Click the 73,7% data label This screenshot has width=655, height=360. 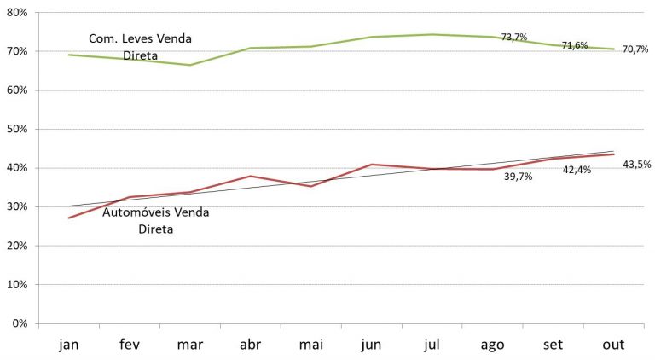[x=514, y=38]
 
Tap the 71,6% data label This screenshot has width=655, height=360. [x=575, y=45]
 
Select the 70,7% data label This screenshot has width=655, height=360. [x=635, y=49]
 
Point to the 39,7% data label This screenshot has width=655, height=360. [x=518, y=177]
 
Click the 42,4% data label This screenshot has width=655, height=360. [x=577, y=170]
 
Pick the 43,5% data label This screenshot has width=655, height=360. [x=635, y=164]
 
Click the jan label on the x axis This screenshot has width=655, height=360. [x=68, y=344]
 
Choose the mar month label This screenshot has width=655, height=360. [x=189, y=344]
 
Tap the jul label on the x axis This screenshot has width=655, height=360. [x=432, y=344]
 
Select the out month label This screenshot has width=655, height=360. [x=613, y=344]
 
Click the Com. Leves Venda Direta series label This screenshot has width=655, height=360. [x=141, y=48]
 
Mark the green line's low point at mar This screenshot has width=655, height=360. [x=189, y=65]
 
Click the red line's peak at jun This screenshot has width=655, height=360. [x=372, y=164]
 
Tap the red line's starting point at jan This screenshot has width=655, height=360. [x=69, y=218]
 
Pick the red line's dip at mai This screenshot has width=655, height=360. [x=310, y=186]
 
